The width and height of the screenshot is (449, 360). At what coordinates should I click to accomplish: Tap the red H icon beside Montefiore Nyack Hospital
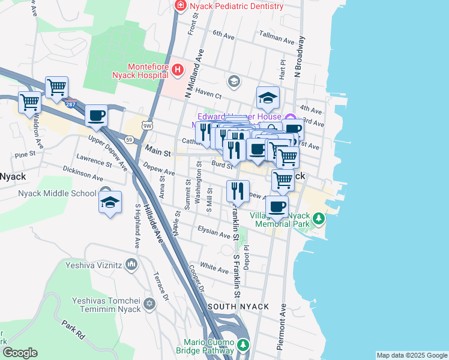click(x=178, y=70)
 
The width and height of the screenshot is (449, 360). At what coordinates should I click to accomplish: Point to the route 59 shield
click(x=129, y=140)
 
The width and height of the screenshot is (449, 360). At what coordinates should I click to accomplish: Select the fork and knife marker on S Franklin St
click(x=237, y=191)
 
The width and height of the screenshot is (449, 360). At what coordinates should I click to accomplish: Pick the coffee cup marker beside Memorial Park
click(x=277, y=207)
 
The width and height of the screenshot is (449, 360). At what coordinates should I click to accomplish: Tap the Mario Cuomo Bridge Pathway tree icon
click(x=243, y=345)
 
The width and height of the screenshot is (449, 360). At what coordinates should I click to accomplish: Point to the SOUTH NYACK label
click(x=238, y=307)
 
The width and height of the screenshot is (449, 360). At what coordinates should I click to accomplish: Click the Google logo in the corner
click(x=20, y=353)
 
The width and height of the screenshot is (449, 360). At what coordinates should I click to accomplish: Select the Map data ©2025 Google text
click(x=411, y=355)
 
